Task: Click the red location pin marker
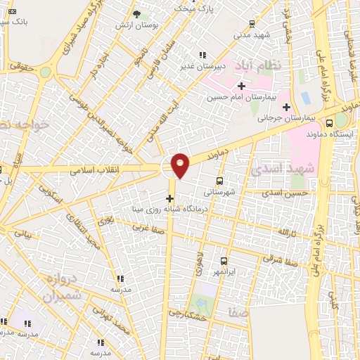point(181,165)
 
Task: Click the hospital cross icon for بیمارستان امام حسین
point(241,86)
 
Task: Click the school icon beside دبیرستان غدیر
point(202,55)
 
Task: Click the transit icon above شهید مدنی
point(251,23)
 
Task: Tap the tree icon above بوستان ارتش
point(136,14)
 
